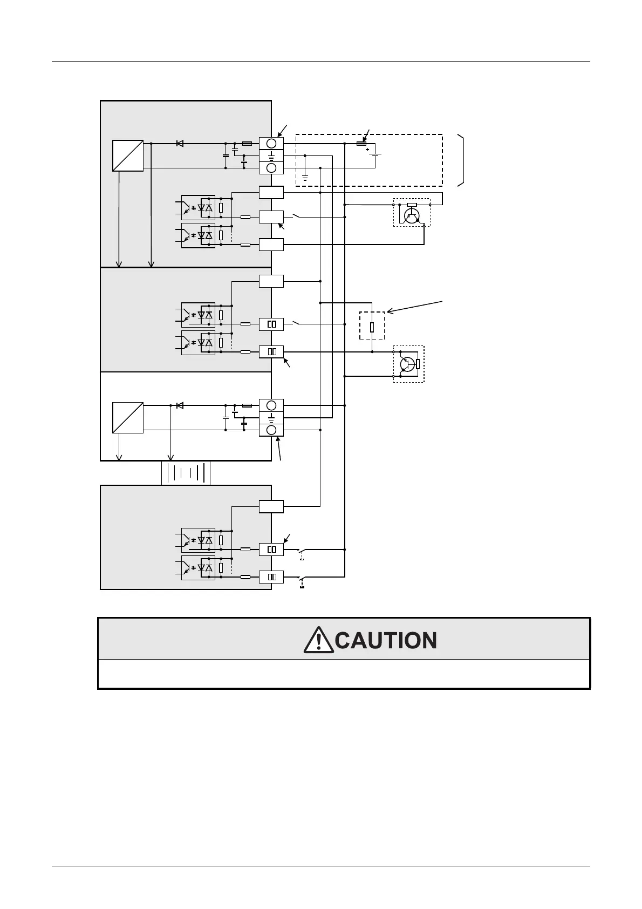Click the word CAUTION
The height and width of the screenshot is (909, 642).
pos(386,641)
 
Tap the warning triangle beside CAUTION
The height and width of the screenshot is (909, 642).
pos(318,640)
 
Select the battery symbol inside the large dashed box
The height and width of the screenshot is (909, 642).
pos(375,154)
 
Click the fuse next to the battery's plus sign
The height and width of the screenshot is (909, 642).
pos(362,144)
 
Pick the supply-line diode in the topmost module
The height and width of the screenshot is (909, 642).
pos(180,144)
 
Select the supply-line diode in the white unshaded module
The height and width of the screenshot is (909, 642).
pos(180,405)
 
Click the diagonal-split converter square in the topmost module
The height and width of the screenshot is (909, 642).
pos(128,155)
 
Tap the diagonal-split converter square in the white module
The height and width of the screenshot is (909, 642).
pos(128,417)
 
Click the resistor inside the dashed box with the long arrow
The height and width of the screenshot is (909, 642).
pos(372,327)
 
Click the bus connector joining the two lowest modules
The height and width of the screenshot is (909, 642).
pos(186,473)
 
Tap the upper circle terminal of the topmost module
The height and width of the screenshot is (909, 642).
pos(271,143)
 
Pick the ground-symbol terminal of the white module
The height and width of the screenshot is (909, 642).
pos(271,417)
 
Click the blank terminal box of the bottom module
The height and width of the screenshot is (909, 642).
pos(271,506)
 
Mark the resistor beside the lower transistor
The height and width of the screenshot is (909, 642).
pos(418,363)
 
